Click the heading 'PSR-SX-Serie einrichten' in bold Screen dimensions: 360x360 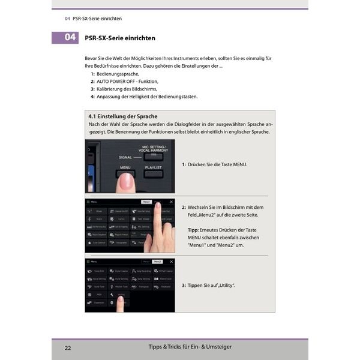tap(120, 38)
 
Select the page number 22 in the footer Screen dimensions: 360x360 tap(68, 347)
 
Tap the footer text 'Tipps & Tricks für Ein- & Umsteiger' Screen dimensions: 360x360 tap(190, 347)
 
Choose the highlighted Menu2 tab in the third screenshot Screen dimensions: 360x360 tap(157, 262)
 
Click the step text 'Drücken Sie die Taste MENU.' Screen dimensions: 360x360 tap(217, 164)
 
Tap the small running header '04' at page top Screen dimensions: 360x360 tap(67, 17)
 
